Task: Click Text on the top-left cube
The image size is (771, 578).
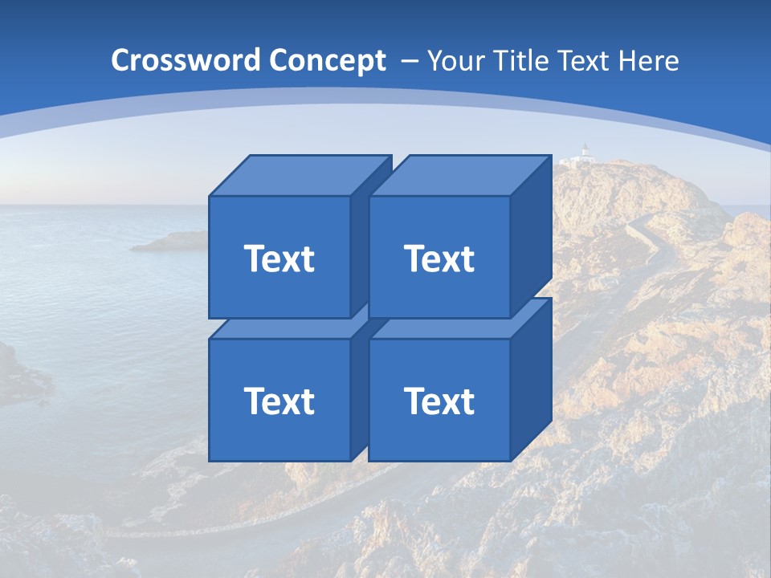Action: tap(279, 258)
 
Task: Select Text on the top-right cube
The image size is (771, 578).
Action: tap(439, 258)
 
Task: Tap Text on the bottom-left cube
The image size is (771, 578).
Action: tap(279, 401)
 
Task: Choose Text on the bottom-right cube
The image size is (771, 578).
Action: tap(439, 401)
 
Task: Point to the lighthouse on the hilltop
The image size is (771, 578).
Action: tap(585, 153)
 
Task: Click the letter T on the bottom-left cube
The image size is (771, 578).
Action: tap(255, 401)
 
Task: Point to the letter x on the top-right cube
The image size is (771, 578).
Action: tap(453, 260)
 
